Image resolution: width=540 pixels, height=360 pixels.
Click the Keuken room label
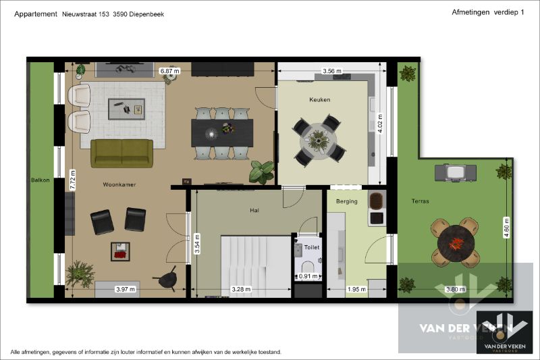tap(319, 100)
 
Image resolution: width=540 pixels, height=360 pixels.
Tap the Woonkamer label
tap(119, 184)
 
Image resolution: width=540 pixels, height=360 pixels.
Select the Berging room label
tap(346, 201)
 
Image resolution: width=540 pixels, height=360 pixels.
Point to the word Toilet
tap(312, 247)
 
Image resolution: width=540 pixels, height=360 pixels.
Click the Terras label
tap(420, 201)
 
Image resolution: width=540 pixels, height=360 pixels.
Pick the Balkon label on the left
tap(40, 180)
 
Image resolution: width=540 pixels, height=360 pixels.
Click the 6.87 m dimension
tap(170, 71)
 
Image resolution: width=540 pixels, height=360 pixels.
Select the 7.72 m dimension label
tap(73, 180)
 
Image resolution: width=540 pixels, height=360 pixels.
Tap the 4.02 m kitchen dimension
tap(380, 124)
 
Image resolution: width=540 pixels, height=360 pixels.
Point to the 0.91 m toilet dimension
tap(308, 276)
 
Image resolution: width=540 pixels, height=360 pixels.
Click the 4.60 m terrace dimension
tap(506, 228)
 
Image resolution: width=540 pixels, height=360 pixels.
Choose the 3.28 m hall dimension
tap(241, 289)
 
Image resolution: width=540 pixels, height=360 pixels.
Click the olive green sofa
tap(122, 153)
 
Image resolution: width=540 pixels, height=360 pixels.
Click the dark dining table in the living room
tap(222, 132)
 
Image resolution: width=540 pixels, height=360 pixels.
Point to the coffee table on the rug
tap(126, 109)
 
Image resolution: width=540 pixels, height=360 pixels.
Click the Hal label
tap(254, 211)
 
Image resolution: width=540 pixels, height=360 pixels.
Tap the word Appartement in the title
tap(36, 14)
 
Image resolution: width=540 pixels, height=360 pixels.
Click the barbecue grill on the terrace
tap(456, 173)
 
